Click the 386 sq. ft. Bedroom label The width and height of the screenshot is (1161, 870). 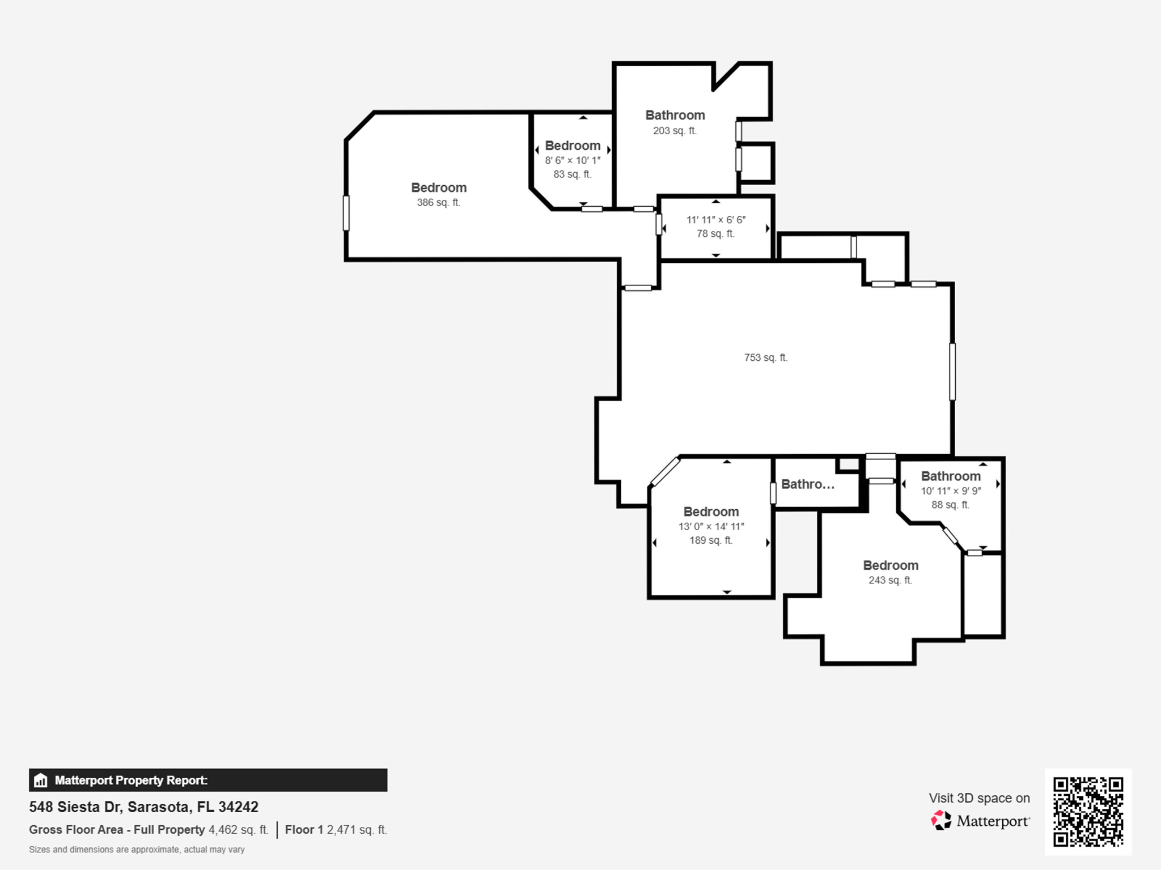[439, 194]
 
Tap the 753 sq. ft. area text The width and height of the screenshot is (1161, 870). [766, 357]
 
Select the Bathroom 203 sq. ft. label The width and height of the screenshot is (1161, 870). [675, 122]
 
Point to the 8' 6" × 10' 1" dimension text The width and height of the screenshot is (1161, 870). [573, 160]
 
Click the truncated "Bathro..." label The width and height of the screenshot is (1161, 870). [808, 484]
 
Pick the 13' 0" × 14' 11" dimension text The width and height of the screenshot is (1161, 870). [711, 526]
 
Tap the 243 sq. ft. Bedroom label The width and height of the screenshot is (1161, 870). [891, 572]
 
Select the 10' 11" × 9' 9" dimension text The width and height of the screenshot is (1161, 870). [951, 491]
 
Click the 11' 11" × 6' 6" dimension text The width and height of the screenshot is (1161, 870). [716, 220]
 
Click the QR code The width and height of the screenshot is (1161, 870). [1088, 812]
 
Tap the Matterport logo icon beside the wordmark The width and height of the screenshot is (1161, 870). [941, 820]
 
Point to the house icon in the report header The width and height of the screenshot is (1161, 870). [40, 781]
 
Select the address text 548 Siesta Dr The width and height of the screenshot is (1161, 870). [75, 807]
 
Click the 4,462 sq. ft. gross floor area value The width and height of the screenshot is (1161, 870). [238, 830]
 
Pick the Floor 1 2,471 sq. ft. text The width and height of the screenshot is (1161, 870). [336, 830]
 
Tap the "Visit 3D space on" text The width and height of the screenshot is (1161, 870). [979, 798]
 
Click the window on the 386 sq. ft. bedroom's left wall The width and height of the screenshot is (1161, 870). [346, 213]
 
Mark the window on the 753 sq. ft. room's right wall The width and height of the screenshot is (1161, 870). [952, 372]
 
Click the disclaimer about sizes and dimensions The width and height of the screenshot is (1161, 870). [137, 850]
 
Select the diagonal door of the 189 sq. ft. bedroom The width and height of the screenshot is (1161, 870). [666, 471]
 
